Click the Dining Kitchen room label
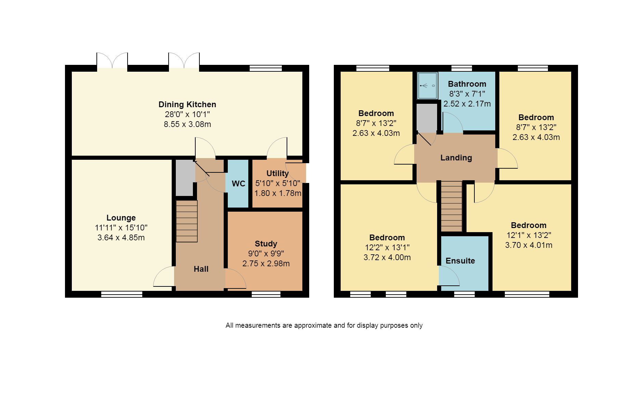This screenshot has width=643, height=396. [187, 104]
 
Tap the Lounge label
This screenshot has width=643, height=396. [121, 218]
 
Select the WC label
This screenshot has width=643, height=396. [238, 184]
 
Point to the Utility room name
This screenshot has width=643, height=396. [277, 173]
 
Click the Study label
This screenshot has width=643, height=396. [266, 244]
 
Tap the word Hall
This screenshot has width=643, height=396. [201, 269]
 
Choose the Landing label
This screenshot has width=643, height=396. [456, 158]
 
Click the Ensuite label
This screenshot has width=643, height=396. [460, 261]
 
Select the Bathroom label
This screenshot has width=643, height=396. [467, 84]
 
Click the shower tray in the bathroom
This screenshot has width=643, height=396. [428, 85]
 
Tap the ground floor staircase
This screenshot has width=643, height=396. [187, 221]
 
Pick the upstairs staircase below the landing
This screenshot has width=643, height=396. [451, 206]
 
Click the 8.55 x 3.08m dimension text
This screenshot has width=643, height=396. [187, 124]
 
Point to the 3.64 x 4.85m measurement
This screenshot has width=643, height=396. [121, 238]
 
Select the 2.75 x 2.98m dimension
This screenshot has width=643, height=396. [266, 264]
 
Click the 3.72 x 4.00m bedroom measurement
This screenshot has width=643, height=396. [387, 257]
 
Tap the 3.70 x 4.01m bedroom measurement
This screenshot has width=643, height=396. [528, 245]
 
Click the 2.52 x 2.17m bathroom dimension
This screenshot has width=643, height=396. [467, 104]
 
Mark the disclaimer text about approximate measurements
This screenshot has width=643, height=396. [324, 325]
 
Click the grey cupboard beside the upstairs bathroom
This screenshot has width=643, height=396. [427, 118]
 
